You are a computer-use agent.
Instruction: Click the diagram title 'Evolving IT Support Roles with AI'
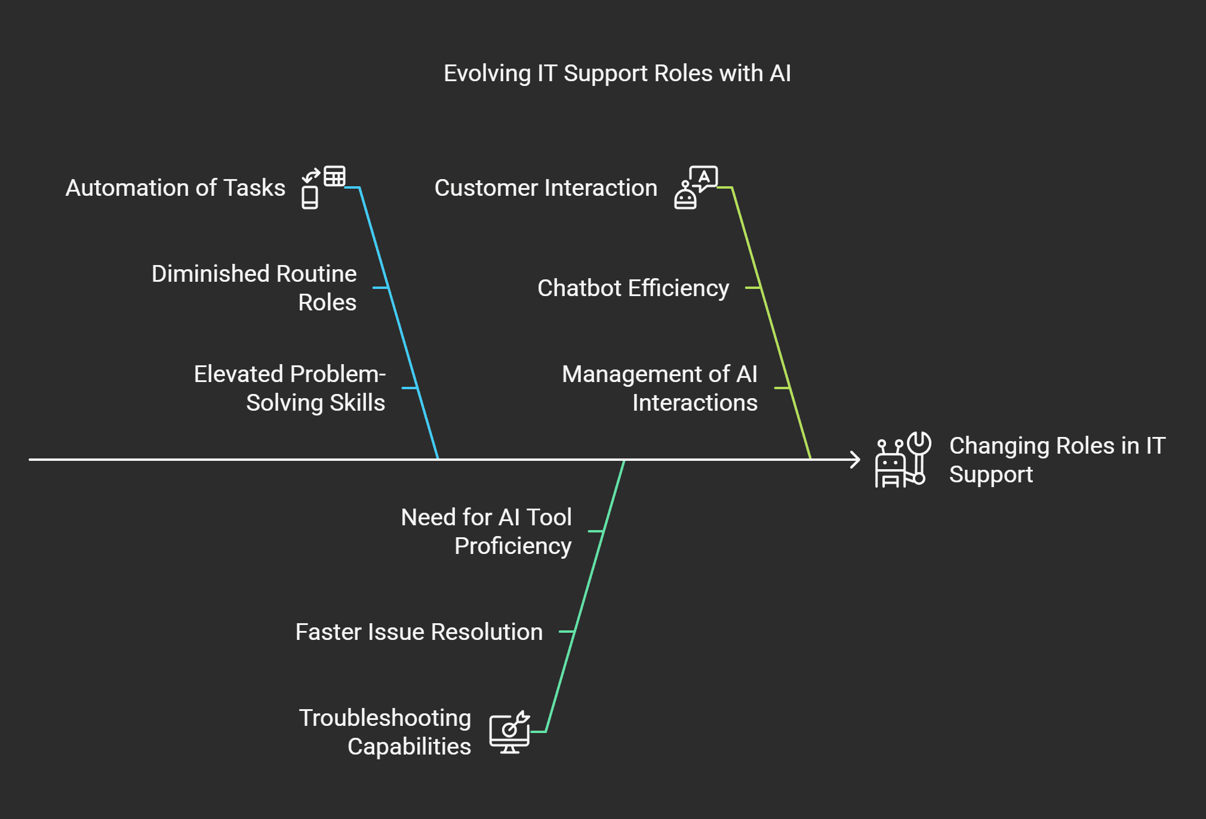[x=617, y=73]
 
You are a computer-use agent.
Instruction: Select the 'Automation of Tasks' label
[x=176, y=188]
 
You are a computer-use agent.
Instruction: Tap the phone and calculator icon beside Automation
[x=323, y=187]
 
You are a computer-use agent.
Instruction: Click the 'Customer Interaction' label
[x=546, y=188]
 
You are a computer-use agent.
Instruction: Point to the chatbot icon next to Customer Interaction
[x=696, y=187]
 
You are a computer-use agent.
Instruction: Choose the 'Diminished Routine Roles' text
[x=254, y=288]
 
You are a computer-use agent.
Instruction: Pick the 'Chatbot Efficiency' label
[x=633, y=288]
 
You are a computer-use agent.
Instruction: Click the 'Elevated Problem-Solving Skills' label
[x=290, y=388]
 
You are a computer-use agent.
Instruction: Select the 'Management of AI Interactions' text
[x=660, y=388]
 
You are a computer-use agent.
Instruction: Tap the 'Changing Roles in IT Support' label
[x=1057, y=460]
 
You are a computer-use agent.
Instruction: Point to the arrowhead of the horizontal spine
[x=856, y=460]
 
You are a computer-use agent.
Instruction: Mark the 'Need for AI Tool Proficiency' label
[x=487, y=531]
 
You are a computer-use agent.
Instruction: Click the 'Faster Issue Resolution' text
[x=419, y=632]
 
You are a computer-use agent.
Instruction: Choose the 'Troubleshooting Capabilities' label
[x=386, y=732]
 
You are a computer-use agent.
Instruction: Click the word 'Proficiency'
[x=513, y=546]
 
